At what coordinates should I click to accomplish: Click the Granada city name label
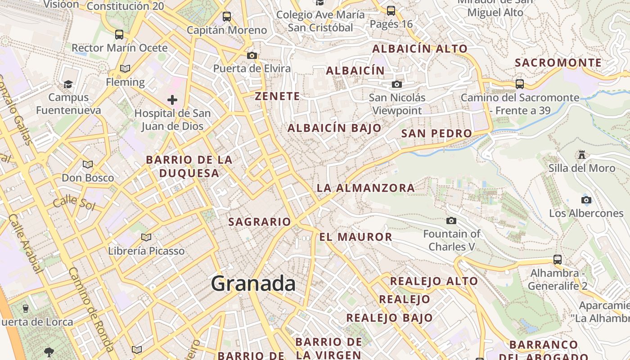tap(253, 283)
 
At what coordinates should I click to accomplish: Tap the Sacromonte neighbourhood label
tap(558, 63)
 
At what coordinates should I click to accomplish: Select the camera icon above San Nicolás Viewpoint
tap(396, 84)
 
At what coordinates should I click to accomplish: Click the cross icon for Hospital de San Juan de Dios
tap(172, 100)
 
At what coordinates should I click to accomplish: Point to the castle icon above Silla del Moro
tap(582, 155)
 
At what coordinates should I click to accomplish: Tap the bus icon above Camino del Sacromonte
tap(520, 84)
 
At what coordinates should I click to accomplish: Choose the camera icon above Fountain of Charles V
tap(451, 220)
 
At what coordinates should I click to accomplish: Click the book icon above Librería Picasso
tap(146, 237)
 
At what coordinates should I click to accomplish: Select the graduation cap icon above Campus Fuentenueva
tap(68, 84)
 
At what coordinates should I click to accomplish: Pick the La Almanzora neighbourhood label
tap(366, 188)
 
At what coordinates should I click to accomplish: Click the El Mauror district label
tap(355, 237)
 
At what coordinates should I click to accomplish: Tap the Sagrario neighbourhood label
tap(260, 221)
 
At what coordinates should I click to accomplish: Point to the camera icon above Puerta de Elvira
tap(252, 55)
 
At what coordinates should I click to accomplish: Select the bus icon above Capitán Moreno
tap(227, 17)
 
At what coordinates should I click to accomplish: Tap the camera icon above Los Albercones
tap(586, 200)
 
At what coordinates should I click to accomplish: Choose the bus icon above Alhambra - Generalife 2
tap(558, 259)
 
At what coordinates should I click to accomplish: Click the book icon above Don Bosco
tap(88, 164)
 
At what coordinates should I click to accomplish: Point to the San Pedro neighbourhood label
tap(436, 133)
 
